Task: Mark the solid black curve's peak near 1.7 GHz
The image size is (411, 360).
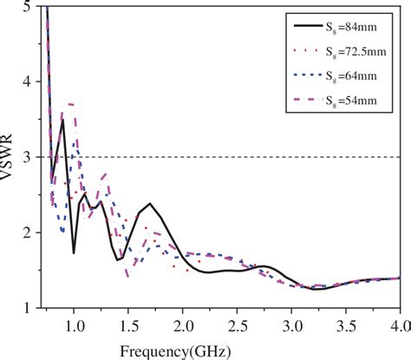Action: click(150, 204)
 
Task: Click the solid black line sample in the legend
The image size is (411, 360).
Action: click(308, 26)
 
